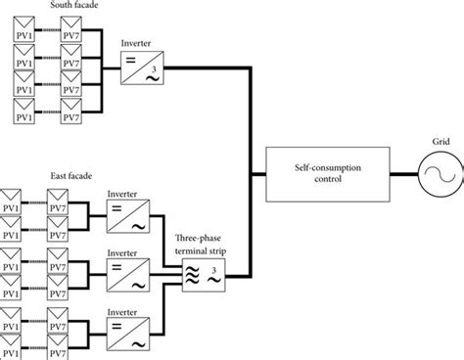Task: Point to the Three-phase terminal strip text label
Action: coord(199,245)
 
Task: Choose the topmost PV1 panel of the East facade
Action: coord(14,197)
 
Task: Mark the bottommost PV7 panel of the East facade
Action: coord(56,344)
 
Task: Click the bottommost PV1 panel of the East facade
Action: coord(14,344)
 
